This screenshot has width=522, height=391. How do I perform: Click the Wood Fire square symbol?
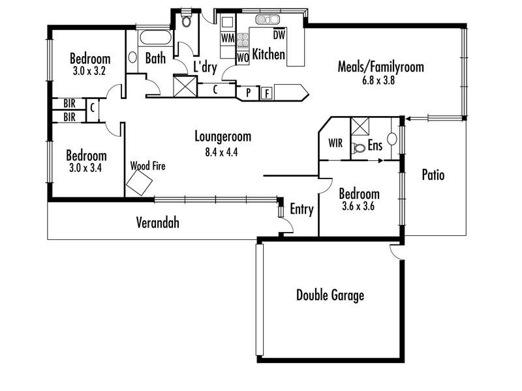(139, 182)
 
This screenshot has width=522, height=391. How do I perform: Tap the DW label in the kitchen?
(279, 35)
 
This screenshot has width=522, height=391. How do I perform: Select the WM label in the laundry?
(228, 38)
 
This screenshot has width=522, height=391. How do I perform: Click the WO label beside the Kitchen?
(243, 58)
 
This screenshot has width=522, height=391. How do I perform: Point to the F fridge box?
(266, 93)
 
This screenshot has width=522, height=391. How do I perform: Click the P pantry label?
(249, 93)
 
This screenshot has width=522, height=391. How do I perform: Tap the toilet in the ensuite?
(358, 147)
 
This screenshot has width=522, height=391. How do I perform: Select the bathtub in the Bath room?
(155, 37)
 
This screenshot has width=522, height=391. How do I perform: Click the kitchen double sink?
(268, 20)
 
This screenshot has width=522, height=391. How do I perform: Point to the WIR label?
(335, 143)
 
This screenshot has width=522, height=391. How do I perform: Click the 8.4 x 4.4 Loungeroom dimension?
(221, 152)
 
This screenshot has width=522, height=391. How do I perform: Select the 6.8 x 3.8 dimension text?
(378, 80)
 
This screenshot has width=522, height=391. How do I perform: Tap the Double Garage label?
(330, 296)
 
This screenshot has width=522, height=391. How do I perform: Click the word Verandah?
(157, 222)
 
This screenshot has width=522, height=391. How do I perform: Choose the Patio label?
(433, 175)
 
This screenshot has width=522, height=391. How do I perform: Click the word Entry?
(301, 209)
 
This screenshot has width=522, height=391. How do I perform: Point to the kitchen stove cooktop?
(243, 40)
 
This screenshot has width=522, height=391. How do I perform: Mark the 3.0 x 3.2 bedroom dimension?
(89, 71)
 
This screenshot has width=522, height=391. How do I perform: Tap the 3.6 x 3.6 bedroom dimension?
(358, 206)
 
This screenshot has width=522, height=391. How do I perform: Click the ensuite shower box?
(360, 126)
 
